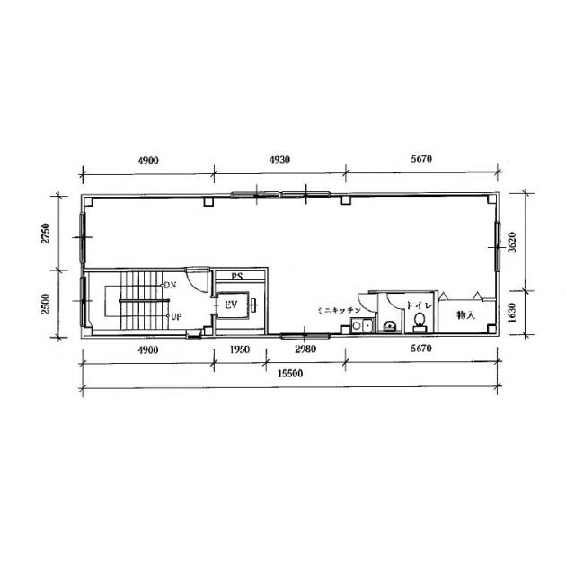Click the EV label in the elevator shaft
231,305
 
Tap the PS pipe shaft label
237,277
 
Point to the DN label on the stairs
170,285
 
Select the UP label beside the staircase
176,317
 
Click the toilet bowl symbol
419,322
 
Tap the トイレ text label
419,305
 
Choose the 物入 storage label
465,315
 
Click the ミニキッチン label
339,310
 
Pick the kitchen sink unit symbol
362,325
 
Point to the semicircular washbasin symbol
389,326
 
